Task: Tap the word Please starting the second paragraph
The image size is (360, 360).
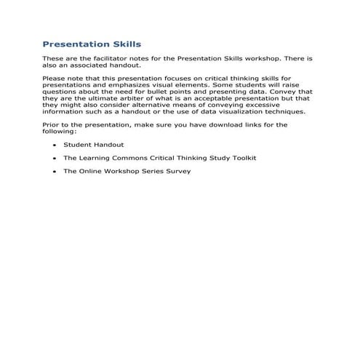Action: point(54,79)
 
